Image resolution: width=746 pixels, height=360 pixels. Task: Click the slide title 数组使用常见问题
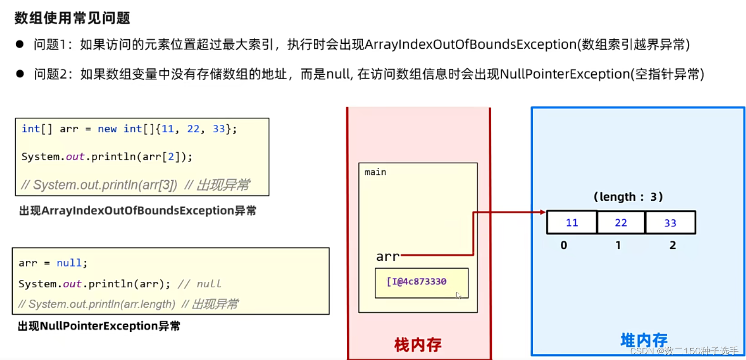click(x=73, y=19)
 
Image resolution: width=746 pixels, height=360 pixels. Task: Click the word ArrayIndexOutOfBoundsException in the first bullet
click(x=469, y=45)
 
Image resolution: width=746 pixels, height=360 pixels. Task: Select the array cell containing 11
click(x=571, y=223)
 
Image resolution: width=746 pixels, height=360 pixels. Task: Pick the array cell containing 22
click(x=621, y=223)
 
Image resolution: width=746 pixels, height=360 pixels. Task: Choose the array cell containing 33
click(x=670, y=223)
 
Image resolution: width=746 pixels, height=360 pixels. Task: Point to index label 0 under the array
click(x=564, y=246)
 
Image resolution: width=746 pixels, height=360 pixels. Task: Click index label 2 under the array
click(x=673, y=246)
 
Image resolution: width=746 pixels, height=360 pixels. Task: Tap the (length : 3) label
click(x=628, y=196)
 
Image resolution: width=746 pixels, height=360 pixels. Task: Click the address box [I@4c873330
click(x=421, y=282)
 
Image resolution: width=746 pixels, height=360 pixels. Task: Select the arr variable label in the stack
click(x=387, y=257)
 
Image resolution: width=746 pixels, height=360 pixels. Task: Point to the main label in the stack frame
click(x=375, y=172)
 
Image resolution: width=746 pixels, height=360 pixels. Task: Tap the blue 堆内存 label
click(x=643, y=340)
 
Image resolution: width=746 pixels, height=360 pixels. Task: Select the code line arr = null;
click(x=53, y=263)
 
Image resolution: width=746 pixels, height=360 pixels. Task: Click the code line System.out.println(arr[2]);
click(x=107, y=157)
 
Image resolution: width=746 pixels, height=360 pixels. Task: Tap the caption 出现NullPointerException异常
click(x=99, y=327)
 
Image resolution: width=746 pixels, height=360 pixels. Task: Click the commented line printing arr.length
click(x=128, y=304)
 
